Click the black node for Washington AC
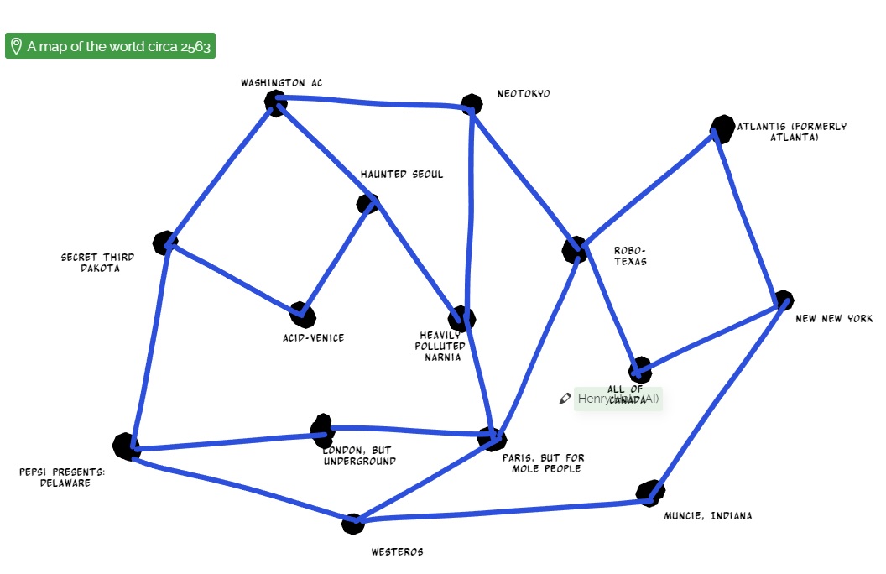(275, 102)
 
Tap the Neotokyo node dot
(472, 105)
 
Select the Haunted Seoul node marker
(367, 203)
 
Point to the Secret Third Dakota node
(165, 243)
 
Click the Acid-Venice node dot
(303, 316)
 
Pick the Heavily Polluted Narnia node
(461, 318)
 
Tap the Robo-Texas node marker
(575, 249)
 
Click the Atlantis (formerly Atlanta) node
(722, 129)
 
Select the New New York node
(783, 300)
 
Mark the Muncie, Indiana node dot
(649, 493)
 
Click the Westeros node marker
(353, 524)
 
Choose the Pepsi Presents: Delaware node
(127, 446)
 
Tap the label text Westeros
(397, 551)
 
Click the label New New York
(834, 319)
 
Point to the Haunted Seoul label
(402, 175)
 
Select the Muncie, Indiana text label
(708, 516)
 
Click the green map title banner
(110, 46)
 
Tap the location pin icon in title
(16, 46)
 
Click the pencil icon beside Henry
(565, 399)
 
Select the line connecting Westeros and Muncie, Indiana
(503, 513)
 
